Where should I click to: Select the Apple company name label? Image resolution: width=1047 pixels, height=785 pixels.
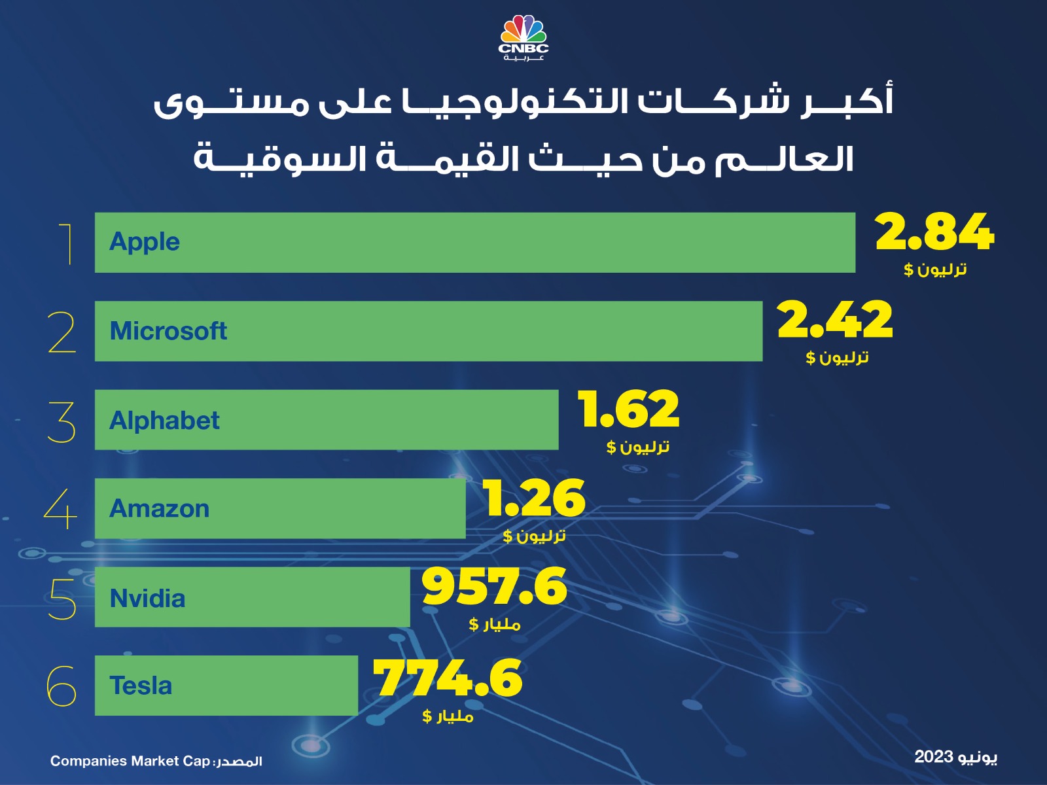click(144, 242)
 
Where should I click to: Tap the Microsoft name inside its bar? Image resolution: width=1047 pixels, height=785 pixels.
click(168, 331)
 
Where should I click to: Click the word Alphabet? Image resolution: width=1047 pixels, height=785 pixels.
click(164, 420)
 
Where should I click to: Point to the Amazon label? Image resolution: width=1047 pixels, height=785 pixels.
click(159, 509)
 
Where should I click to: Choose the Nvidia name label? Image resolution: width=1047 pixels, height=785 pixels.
click(147, 599)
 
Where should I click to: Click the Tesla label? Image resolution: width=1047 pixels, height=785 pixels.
click(141, 686)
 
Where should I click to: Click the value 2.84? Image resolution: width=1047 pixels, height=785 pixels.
click(934, 232)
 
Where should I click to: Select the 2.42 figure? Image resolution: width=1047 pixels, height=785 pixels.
click(835, 321)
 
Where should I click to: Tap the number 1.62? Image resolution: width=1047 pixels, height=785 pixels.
click(629, 410)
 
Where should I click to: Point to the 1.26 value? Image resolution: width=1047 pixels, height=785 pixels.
click(535, 498)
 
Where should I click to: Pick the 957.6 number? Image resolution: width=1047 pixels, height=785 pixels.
click(494, 587)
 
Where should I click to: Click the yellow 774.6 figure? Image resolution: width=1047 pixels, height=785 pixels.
click(448, 678)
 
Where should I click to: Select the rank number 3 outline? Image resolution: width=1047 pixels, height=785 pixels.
click(62, 422)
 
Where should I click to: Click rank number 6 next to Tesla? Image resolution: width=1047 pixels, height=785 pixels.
click(62, 686)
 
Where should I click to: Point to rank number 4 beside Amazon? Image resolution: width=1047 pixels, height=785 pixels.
click(60, 510)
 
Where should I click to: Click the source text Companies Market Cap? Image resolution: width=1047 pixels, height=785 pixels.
click(130, 761)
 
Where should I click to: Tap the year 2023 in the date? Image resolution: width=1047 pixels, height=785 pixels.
click(933, 757)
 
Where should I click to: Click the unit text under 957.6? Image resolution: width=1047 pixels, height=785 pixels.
click(494, 624)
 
